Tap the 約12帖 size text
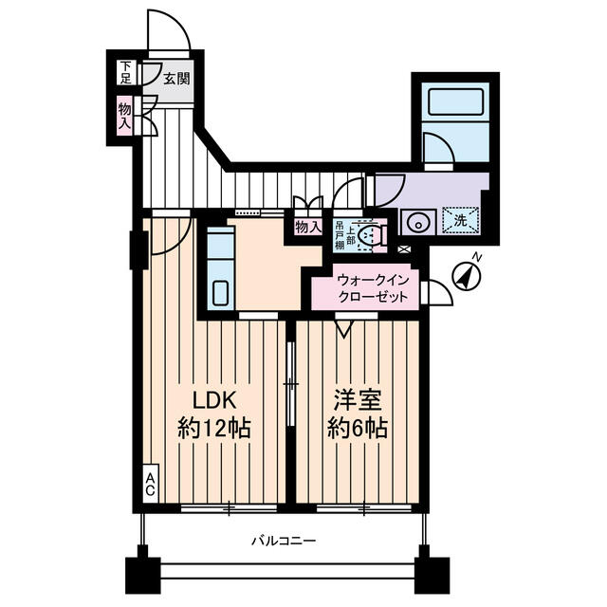tap(214, 428)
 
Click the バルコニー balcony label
tap(284, 541)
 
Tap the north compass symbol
tap(467, 275)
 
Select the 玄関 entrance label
tap(175, 79)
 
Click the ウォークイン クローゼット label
tap(374, 288)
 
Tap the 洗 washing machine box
tap(461, 220)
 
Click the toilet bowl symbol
tap(375, 234)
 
